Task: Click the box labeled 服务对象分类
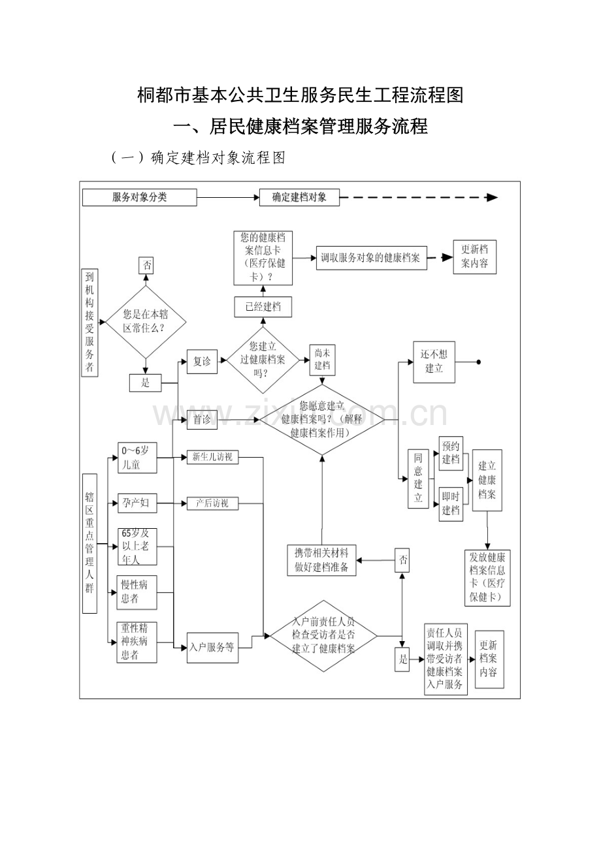point(139,197)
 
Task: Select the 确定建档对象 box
point(299,197)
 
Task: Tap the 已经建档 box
point(263,307)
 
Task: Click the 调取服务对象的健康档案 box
point(370,258)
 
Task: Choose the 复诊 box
point(203,362)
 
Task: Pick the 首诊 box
point(203,420)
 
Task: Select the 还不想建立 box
point(434,362)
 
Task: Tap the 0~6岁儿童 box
point(137,458)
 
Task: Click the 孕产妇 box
point(137,503)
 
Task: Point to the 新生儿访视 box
point(212,458)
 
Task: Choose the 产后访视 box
point(212,503)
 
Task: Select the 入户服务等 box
point(212,648)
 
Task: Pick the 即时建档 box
point(451,504)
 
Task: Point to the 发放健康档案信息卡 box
point(487,578)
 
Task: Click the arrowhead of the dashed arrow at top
point(493,197)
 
